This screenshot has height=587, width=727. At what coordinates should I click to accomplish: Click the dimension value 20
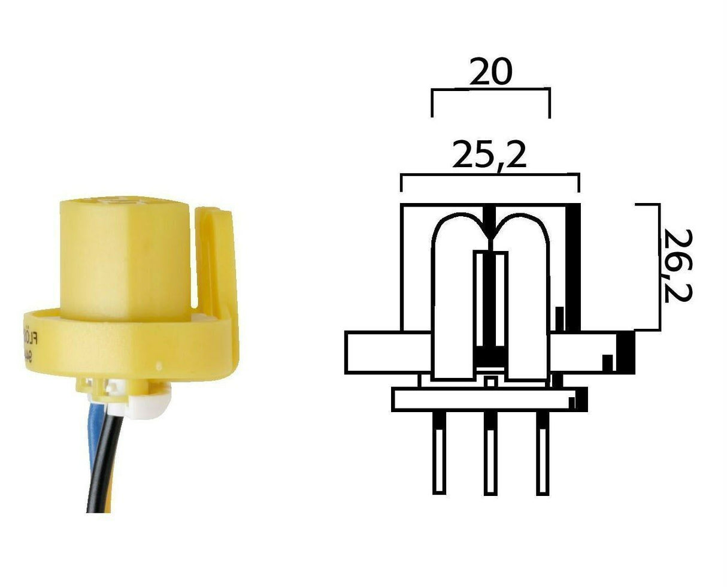pyautogui.click(x=490, y=72)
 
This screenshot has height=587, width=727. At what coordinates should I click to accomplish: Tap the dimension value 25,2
pyautogui.click(x=489, y=155)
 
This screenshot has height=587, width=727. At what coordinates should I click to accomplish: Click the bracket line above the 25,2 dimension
pyautogui.click(x=489, y=174)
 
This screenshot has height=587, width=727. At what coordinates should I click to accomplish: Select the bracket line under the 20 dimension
pyautogui.click(x=490, y=89)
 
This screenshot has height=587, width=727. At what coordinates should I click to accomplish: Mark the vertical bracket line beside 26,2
pyautogui.click(x=659, y=267)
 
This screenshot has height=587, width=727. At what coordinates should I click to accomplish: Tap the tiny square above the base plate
pyautogui.click(x=490, y=381)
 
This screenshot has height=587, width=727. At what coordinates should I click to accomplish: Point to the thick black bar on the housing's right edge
pyautogui.click(x=574, y=267)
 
